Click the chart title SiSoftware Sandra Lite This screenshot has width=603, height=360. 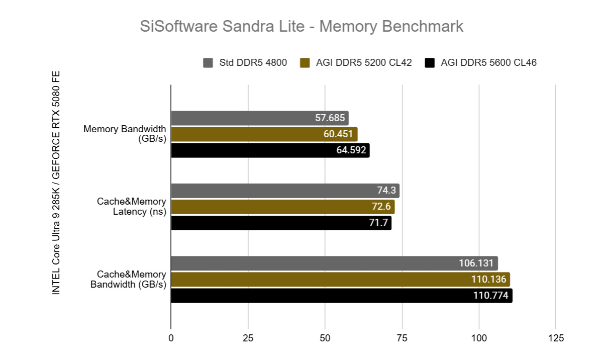301,26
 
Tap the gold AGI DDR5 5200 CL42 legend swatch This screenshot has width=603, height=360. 304,63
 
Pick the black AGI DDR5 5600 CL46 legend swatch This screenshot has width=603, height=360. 429,63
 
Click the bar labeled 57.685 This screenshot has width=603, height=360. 259,118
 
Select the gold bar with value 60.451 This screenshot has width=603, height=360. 264,134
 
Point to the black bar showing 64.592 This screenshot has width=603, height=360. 270,150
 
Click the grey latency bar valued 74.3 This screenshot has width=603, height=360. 285,191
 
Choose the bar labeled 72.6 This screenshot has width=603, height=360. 282,207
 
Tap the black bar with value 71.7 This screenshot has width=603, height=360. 281,223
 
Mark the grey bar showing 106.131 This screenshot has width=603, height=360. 334,263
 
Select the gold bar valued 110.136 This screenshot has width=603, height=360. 340,280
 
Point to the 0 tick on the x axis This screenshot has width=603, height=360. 171,338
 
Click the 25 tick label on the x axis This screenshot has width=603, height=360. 248,338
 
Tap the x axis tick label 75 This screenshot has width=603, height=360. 402,338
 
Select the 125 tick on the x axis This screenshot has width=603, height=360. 556,338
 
